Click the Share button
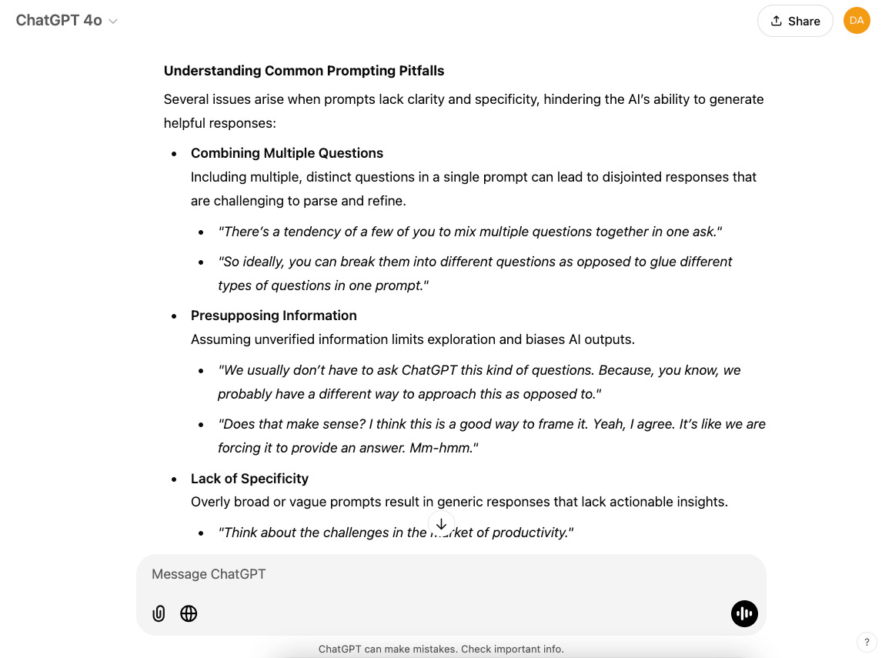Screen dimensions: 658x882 [795, 21]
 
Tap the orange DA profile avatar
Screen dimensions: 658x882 [857, 21]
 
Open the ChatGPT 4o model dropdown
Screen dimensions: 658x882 [67, 21]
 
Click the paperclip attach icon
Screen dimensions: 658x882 [159, 613]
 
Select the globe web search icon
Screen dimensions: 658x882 [189, 613]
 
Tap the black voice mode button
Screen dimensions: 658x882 [744, 613]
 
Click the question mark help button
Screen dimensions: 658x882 [867, 643]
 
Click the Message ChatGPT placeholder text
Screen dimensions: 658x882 [209, 574]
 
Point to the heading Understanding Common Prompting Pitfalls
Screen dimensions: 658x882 [304, 71]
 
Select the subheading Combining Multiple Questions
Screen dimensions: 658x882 [287, 153]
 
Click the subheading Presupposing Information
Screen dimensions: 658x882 [274, 316]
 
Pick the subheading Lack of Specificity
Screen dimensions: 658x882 [249, 479]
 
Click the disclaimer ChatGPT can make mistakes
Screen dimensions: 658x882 [441, 650]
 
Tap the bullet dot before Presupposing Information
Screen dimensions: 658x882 [175, 316]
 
